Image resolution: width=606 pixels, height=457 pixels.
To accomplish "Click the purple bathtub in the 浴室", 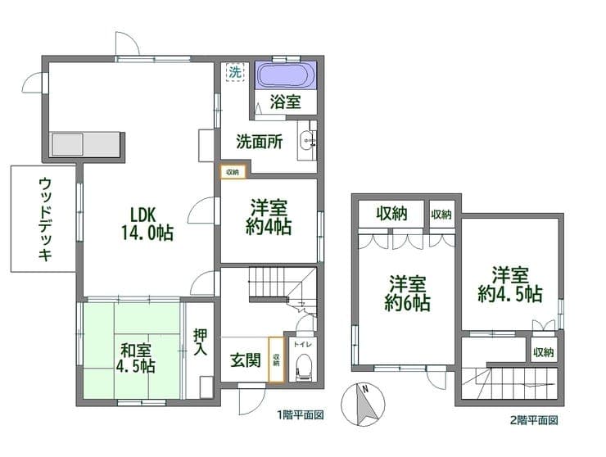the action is [x=285, y=75].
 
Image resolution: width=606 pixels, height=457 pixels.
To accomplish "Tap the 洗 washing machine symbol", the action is [x=235, y=72].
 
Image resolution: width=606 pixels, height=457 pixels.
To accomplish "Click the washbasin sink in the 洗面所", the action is [x=307, y=140].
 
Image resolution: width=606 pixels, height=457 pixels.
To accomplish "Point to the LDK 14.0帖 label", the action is [x=147, y=224].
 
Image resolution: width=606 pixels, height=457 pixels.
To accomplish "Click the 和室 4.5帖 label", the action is [x=136, y=359].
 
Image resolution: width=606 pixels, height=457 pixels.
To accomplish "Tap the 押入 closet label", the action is [x=200, y=342].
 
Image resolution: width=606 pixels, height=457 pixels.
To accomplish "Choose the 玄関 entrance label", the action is [x=246, y=360].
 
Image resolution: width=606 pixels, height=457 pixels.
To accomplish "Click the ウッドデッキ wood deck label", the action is [x=46, y=219].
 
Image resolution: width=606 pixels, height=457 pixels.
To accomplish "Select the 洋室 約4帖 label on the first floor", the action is [x=269, y=217].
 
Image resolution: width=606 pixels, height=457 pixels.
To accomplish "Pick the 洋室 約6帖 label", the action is [x=407, y=293].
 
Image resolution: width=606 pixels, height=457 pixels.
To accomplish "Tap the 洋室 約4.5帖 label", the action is [x=509, y=284].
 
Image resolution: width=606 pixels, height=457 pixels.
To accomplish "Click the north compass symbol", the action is [x=363, y=405].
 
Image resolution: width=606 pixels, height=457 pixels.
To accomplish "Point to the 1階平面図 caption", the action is [x=301, y=415].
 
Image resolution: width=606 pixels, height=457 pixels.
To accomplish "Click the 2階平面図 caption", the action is [x=535, y=420].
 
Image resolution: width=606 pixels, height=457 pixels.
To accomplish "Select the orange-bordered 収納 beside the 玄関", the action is [x=276, y=360].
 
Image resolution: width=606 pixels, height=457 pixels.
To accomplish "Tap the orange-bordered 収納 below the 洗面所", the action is [x=233, y=172].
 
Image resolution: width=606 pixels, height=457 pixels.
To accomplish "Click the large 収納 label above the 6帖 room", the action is [x=392, y=214].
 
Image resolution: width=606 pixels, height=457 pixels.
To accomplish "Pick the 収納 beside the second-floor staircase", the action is [x=544, y=352].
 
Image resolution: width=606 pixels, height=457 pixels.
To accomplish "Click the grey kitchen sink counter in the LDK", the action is [x=85, y=144].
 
